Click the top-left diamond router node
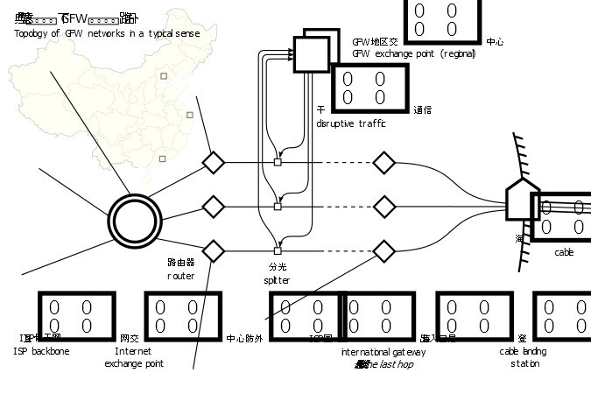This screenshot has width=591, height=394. tap(213, 162)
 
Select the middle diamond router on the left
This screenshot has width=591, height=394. tap(213, 207)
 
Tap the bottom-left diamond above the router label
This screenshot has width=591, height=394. tap(213, 250)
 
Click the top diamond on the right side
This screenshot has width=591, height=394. tap(383, 162)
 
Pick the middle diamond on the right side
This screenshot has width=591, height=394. tap(383, 207)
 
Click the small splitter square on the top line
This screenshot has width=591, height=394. tap(278, 162)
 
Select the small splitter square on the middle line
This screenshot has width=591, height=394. tap(278, 207)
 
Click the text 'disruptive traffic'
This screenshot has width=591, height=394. tap(350, 123)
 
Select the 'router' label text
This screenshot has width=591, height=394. tap(180, 276)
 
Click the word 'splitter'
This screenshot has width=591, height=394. tap(276, 280)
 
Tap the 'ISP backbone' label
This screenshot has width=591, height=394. tap(41, 351)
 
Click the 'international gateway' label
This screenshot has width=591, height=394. tap(383, 351)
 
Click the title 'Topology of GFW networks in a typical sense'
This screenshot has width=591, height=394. tap(107, 33)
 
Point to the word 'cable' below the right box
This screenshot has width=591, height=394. tap(564, 252)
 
